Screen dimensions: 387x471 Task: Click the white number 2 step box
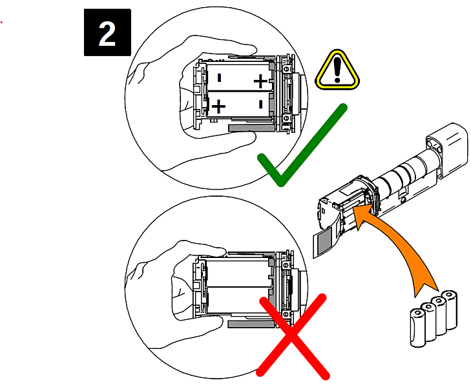(x=107, y=33)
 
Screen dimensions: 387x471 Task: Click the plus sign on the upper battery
(x=259, y=81)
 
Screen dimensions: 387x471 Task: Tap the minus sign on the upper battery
(x=219, y=78)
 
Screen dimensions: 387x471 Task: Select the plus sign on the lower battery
(x=219, y=106)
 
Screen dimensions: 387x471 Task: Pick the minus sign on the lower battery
(x=259, y=104)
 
